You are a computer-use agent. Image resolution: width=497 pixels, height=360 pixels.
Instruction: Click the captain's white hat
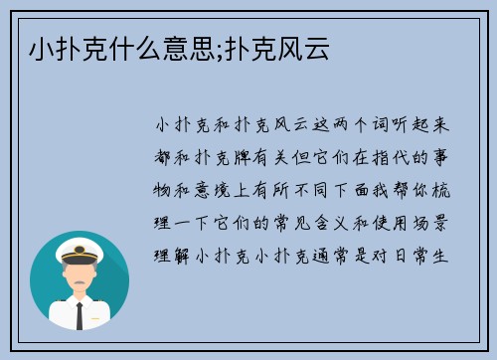coord(80,249)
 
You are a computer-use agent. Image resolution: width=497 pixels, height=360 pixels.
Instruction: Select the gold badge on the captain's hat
coord(80,247)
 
